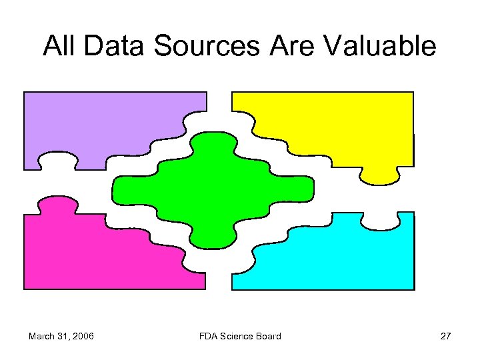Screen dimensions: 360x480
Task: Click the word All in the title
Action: coord(61,46)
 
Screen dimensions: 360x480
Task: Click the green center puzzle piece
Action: coord(213,190)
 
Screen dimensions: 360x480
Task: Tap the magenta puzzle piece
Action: coord(100,253)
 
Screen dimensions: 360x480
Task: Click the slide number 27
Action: coord(445,336)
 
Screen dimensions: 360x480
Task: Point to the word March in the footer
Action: coord(43,336)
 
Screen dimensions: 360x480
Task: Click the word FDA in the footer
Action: coord(209,336)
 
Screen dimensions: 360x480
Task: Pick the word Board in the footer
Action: coord(268,336)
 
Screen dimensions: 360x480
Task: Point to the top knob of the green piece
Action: coord(213,141)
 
